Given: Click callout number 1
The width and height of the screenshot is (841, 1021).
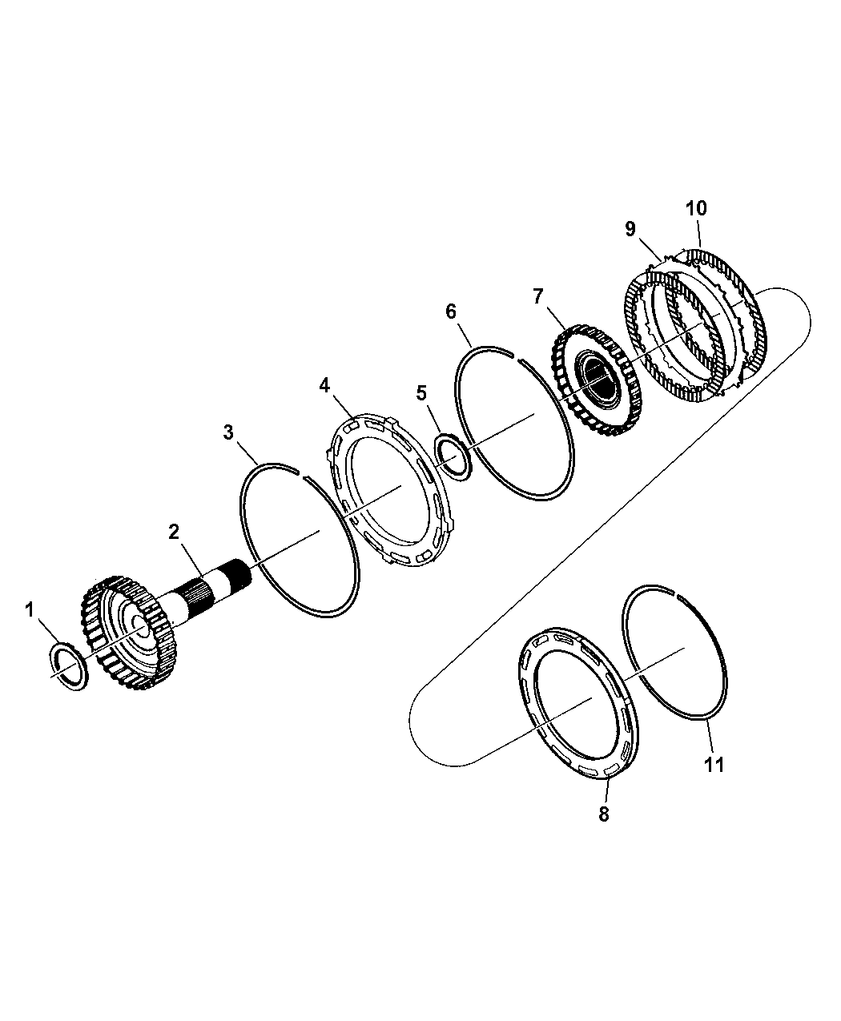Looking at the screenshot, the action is tap(30, 609).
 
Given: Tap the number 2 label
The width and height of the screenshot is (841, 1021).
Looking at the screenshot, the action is tap(174, 532).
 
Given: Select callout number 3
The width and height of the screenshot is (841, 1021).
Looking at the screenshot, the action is tap(228, 432).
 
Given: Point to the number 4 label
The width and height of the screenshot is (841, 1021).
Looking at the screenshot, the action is tap(324, 386).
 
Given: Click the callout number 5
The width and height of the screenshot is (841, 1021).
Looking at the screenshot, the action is tap(421, 392).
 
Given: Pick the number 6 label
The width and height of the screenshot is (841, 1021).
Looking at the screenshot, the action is tap(451, 311).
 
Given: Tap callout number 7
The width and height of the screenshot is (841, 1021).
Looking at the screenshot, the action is tap(537, 296).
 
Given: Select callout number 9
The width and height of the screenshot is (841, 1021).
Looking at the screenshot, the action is tap(630, 228).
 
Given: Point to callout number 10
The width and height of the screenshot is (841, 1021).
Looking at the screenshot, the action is tap(696, 209).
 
